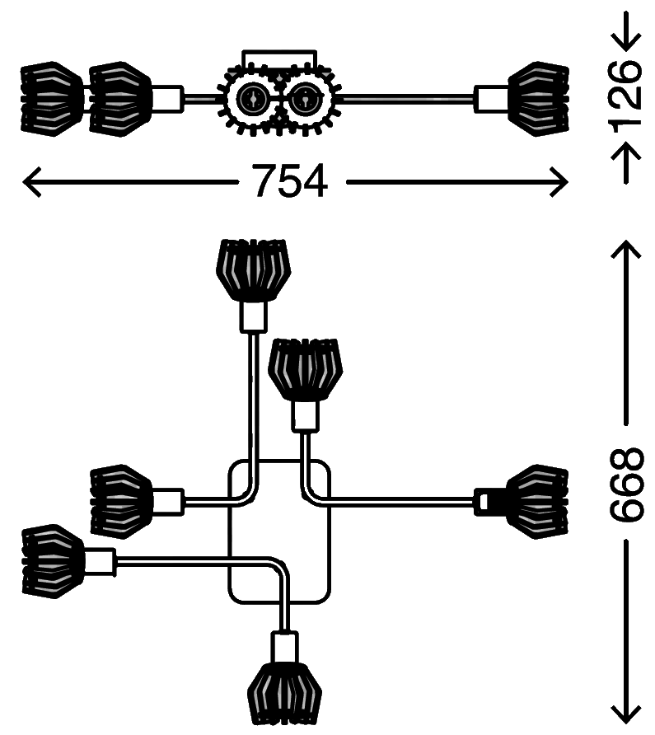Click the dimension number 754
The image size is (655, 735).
click(x=290, y=181)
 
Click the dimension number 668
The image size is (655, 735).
click(x=626, y=485)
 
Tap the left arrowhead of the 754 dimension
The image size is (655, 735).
click(x=32, y=182)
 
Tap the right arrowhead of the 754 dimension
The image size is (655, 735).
click(x=559, y=182)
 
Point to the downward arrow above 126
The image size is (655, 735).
click(x=626, y=31)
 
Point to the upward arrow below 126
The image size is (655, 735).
click(x=626, y=163)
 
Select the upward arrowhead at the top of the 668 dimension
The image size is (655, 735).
click(x=626, y=250)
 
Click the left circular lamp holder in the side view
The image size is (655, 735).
click(x=252, y=100)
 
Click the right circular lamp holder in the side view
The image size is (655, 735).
click(x=305, y=100)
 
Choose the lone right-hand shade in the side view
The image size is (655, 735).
click(x=539, y=99)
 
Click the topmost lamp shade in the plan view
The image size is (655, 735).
click(x=253, y=270)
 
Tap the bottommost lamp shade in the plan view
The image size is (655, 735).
click(x=284, y=693)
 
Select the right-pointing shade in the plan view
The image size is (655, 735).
click(x=538, y=502)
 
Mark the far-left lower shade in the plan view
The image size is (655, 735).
click(x=53, y=561)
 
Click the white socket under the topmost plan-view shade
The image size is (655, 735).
click(x=254, y=317)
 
